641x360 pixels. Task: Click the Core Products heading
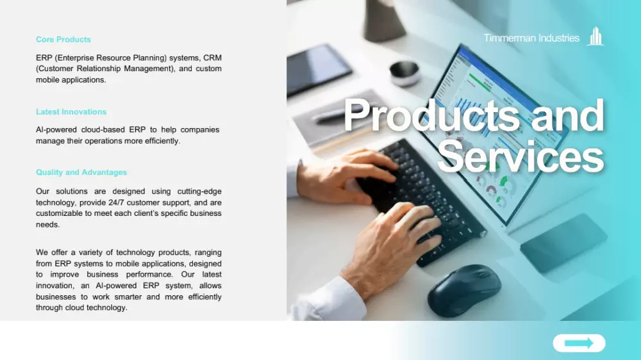(63, 40)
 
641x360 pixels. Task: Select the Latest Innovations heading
(71, 112)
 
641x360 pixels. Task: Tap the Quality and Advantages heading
(81, 172)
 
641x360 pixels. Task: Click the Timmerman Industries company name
(531, 38)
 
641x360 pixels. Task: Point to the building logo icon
(595, 37)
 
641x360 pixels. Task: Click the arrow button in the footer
(579, 343)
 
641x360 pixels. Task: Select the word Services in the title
(520, 157)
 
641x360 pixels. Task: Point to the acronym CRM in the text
(213, 58)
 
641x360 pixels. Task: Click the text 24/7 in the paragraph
(116, 202)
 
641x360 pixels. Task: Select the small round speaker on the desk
(404, 74)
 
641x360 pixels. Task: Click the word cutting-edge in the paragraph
(199, 192)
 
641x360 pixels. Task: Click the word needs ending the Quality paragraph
(48, 225)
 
